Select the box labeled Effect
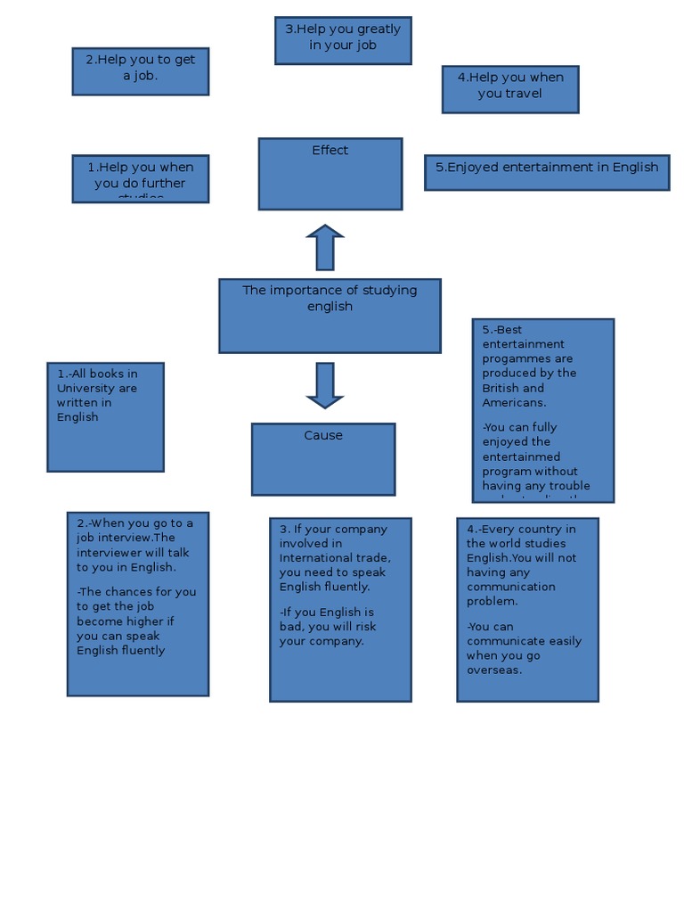pyautogui.click(x=330, y=174)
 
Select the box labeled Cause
pyautogui.click(x=323, y=459)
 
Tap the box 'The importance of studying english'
pyautogui.click(x=330, y=316)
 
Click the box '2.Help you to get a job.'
pyautogui.click(x=141, y=71)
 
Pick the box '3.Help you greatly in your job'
pyautogui.click(x=343, y=40)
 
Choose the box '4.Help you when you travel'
pyautogui.click(x=510, y=89)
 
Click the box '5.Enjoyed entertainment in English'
pyautogui.click(x=547, y=172)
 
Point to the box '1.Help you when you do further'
pyautogui.click(x=141, y=178)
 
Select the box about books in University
pyautogui.click(x=105, y=416)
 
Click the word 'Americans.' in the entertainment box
pyautogui.click(x=514, y=403)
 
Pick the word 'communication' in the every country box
pyautogui.click(x=510, y=587)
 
